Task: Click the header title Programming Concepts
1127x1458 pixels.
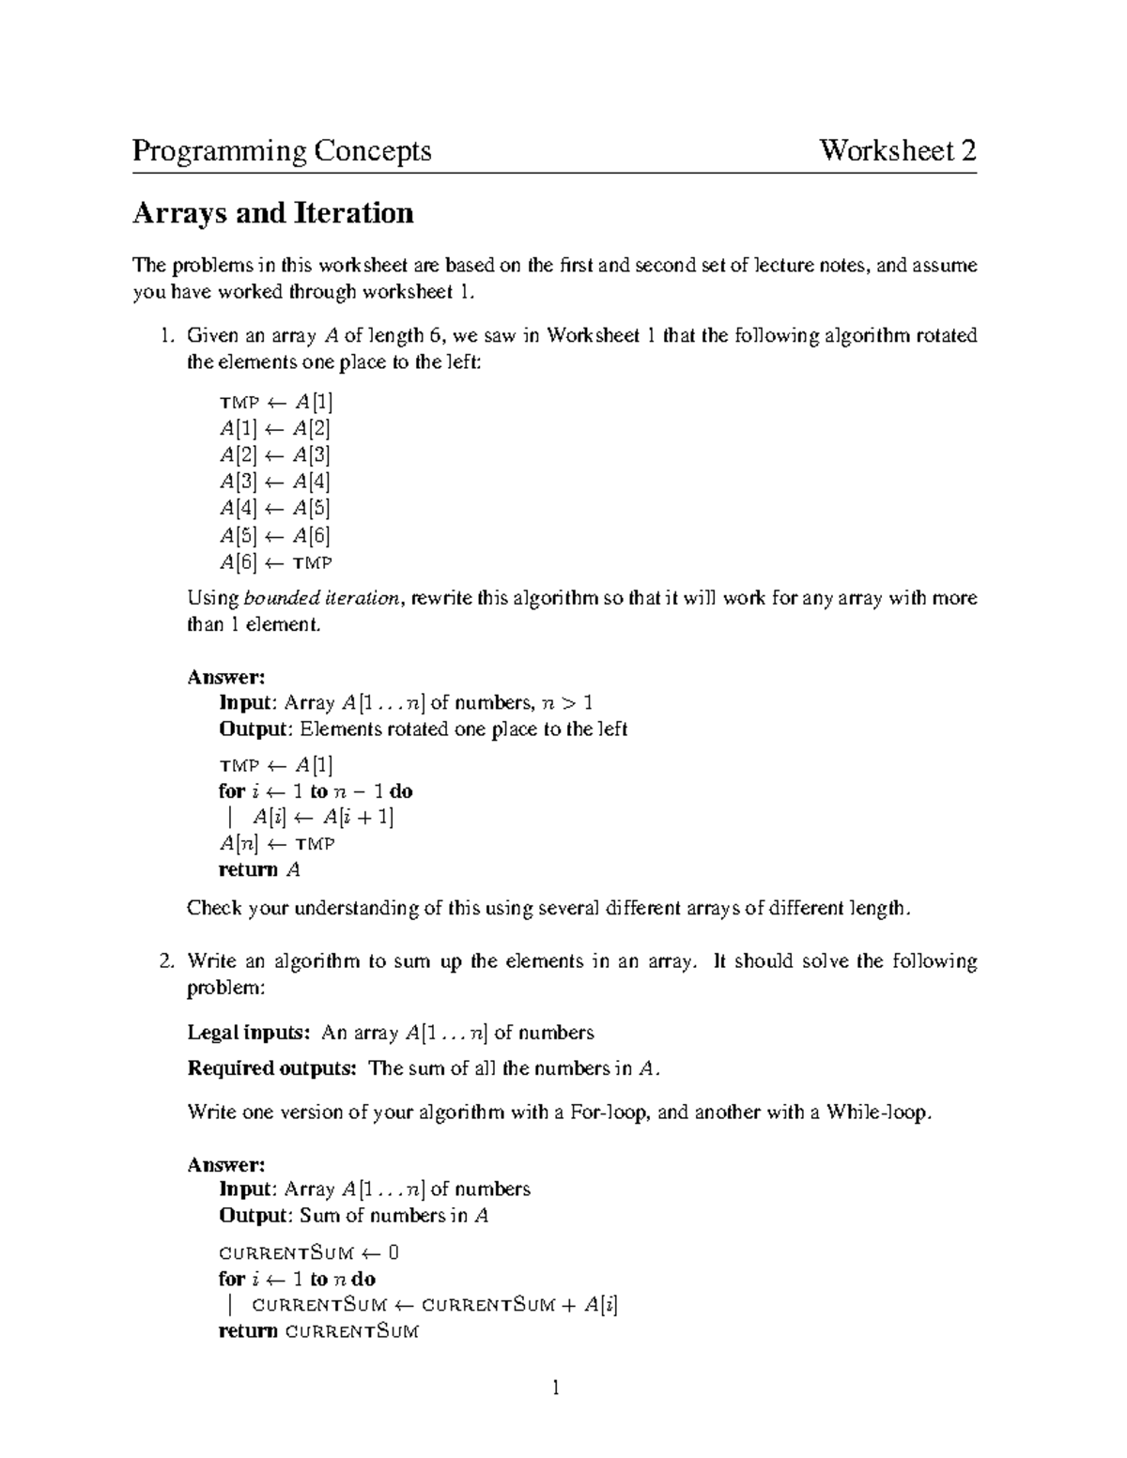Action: [x=282, y=151]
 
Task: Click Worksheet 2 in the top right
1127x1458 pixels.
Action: [x=898, y=151]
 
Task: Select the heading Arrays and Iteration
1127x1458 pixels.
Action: [x=272, y=213]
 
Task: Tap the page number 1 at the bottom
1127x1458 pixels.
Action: [x=556, y=1388]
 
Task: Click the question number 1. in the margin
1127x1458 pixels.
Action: [x=166, y=336]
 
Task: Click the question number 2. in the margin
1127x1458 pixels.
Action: [x=166, y=961]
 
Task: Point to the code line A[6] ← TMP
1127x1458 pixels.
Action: [x=275, y=562]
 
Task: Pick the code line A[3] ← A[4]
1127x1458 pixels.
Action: [x=274, y=483]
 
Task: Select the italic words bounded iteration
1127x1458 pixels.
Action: [x=321, y=599]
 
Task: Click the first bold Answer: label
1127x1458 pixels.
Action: [x=226, y=677]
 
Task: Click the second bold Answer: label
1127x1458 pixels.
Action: [x=226, y=1164]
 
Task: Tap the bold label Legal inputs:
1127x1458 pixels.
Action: [x=249, y=1033]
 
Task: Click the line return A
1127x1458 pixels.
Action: [x=259, y=869]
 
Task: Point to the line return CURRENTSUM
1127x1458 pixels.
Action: [x=318, y=1331]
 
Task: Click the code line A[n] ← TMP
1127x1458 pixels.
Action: [x=276, y=843]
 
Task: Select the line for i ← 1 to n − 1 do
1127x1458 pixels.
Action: [x=316, y=791]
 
